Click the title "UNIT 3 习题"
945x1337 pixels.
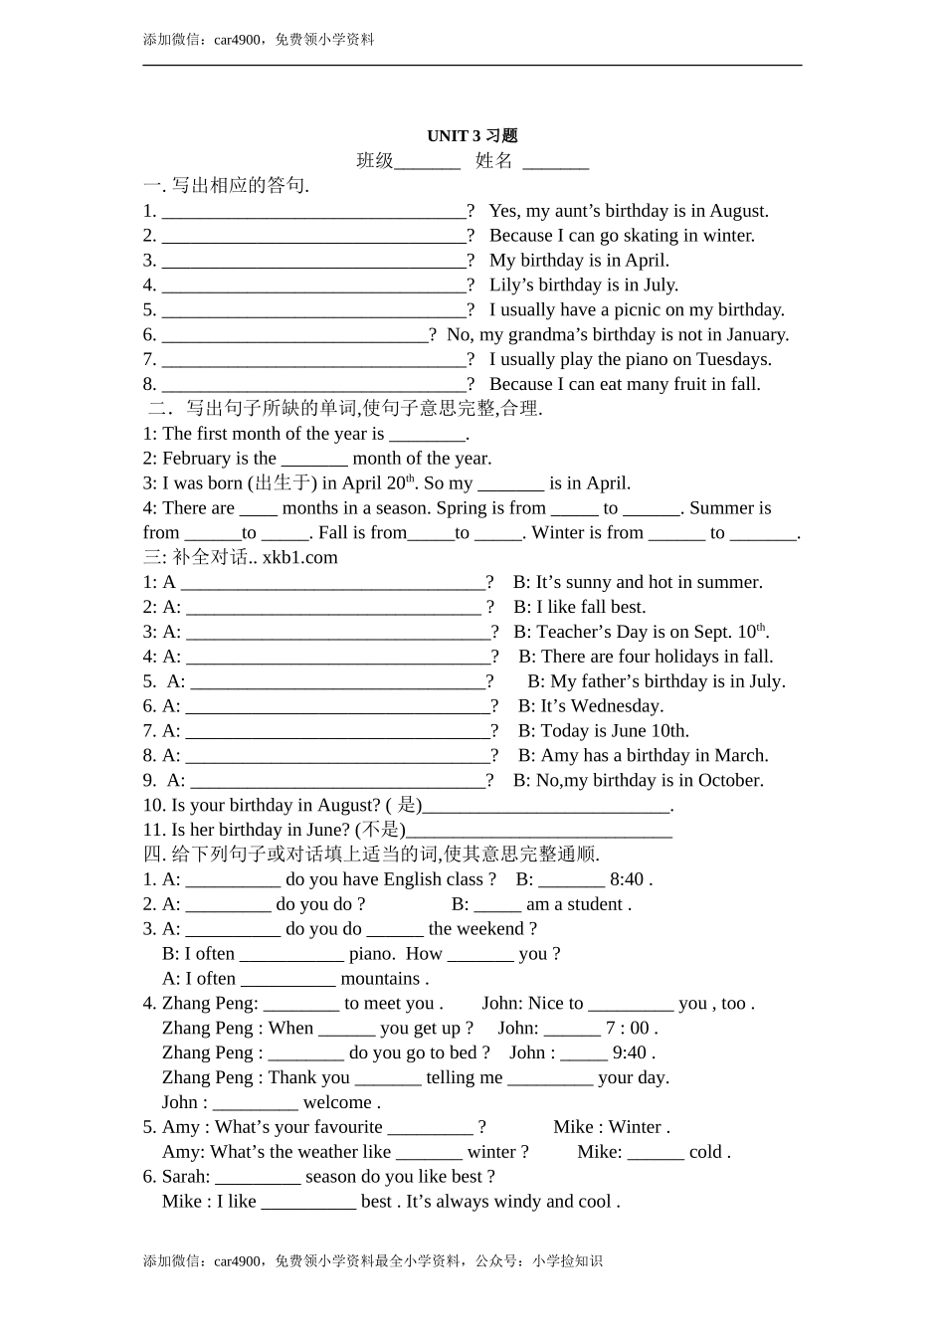click(x=472, y=136)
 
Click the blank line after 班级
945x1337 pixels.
click(x=428, y=163)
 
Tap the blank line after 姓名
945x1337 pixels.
click(x=556, y=163)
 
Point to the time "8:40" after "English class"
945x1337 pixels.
click(x=627, y=879)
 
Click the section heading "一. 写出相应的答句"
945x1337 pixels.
click(x=226, y=186)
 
